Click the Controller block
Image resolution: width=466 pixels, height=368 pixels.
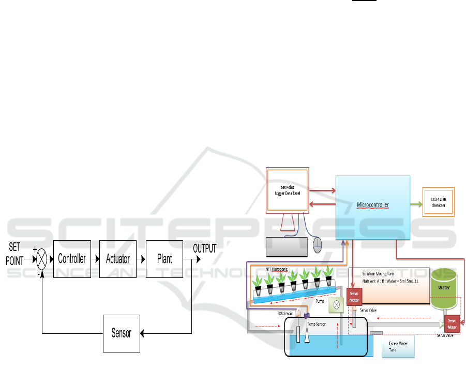tap(72, 259)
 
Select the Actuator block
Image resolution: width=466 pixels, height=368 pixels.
tap(118, 259)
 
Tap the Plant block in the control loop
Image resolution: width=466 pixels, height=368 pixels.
tap(164, 259)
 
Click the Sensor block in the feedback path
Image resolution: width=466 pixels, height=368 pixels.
tap(121, 333)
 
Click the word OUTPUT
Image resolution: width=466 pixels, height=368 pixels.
tap(204, 248)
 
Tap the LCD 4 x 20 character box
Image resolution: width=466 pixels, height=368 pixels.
tap(439, 201)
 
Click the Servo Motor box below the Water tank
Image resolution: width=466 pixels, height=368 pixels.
tap(453, 323)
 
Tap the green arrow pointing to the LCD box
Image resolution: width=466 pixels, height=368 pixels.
tap(416, 204)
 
